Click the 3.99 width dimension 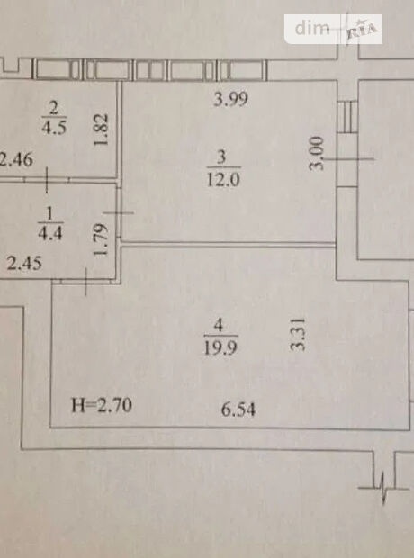pyautogui.click(x=230, y=99)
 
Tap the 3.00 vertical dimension pyautogui.click(x=317, y=153)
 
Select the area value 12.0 pyautogui.click(x=223, y=179)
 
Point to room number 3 pyautogui.click(x=221, y=157)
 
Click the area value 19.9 pyautogui.click(x=220, y=347)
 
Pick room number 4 pyautogui.click(x=219, y=325)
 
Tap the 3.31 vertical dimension pyautogui.click(x=298, y=335)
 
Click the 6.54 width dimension pyautogui.click(x=238, y=409)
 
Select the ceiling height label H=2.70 pyautogui.click(x=102, y=405)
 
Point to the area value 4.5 pyautogui.click(x=54, y=128)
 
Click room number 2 pyautogui.click(x=54, y=107)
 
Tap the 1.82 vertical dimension pyautogui.click(x=101, y=130)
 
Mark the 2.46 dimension pyautogui.click(x=16, y=159)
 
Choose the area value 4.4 pyautogui.click(x=50, y=234)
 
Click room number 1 pyautogui.click(x=49, y=213)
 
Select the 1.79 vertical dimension pyautogui.click(x=100, y=239)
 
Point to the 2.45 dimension pyautogui.click(x=24, y=264)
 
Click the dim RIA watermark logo pyautogui.click(x=333, y=29)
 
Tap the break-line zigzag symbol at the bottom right pyautogui.click(x=383, y=488)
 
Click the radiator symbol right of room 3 pyautogui.click(x=347, y=117)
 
